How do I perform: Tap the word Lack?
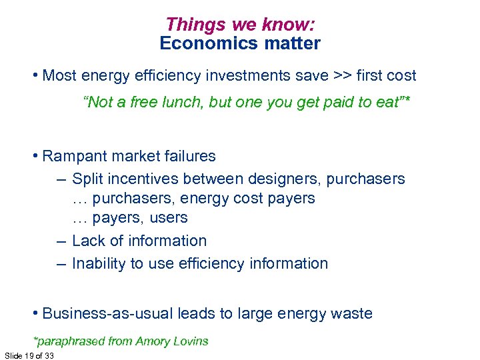click(x=87, y=241)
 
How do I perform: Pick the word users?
click(x=170, y=218)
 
